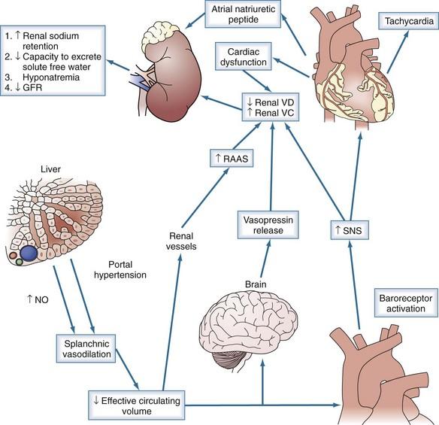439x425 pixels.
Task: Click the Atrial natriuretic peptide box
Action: pyautogui.click(x=243, y=14)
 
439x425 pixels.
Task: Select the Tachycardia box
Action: pyautogui.click(x=409, y=21)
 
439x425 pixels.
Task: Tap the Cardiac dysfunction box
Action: pyautogui.click(x=244, y=56)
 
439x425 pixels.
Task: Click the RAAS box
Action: pyautogui.click(x=232, y=159)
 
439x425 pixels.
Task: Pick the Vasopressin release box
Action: pyautogui.click(x=268, y=225)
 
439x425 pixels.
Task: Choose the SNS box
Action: pyautogui.click(x=350, y=230)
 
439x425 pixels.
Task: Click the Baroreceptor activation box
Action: pyautogui.click(x=406, y=303)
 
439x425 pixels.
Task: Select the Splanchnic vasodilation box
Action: pyautogui.click(x=86, y=348)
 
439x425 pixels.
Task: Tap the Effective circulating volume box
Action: pyautogui.click(x=137, y=405)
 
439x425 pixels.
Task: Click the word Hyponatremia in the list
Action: pyautogui.click(x=51, y=77)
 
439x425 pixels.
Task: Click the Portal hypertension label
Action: pyautogui.click(x=120, y=269)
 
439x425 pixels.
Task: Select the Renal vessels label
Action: pyautogui.click(x=181, y=241)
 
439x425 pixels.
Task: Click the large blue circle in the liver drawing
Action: pyautogui.click(x=29, y=253)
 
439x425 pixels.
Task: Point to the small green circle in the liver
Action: pyautogui.click(x=19, y=262)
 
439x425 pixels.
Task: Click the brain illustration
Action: pyautogui.click(x=248, y=332)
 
